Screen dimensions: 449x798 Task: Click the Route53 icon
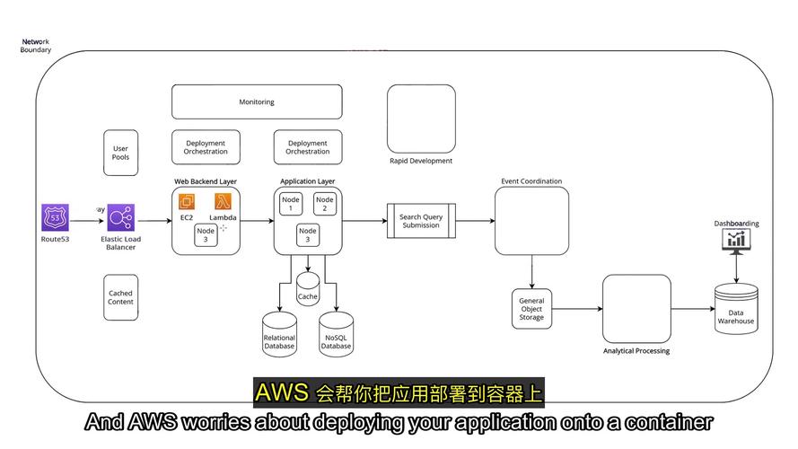55,218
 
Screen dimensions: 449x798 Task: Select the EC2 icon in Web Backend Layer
187,203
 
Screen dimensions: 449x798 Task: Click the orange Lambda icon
223,203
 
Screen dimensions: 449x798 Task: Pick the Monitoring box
257,102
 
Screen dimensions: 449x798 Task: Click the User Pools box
120,153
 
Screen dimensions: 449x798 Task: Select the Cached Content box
120,297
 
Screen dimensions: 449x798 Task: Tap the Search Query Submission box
420,221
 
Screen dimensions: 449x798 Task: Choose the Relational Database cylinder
279,333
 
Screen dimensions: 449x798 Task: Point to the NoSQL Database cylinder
337,333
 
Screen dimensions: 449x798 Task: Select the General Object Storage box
531,309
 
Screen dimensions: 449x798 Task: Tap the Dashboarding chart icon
737,239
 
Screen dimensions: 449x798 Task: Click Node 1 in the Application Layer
290,204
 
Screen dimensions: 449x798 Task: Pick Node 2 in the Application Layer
325,204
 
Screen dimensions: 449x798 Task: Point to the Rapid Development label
421,162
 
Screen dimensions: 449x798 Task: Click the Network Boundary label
36,46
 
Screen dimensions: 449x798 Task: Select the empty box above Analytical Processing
636,309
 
